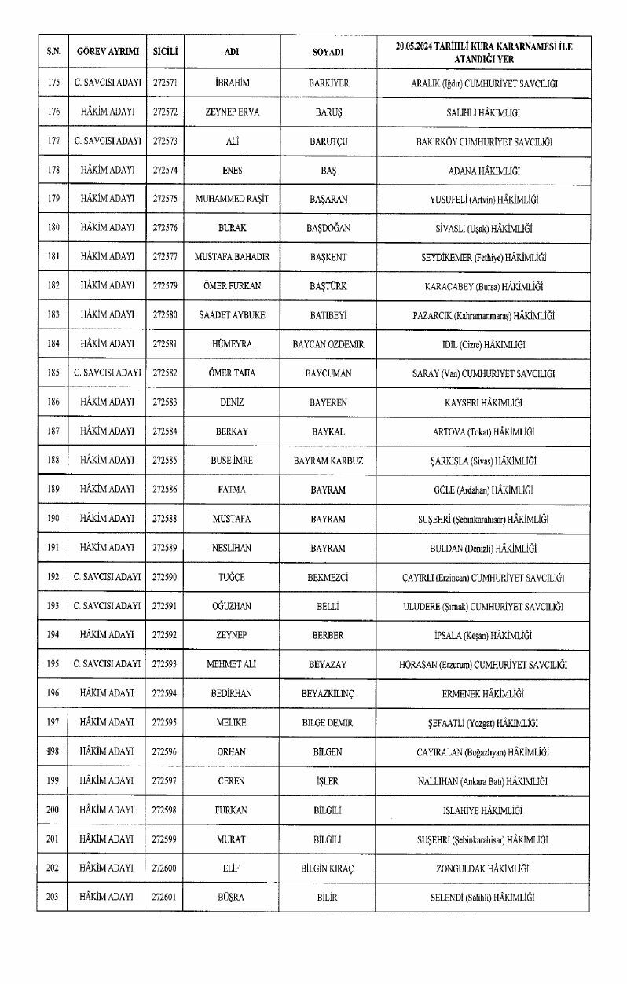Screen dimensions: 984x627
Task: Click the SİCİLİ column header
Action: point(165,52)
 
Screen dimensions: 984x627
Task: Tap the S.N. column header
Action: point(53,52)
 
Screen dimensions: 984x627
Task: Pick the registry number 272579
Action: point(165,286)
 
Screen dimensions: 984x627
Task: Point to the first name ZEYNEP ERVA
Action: point(232,112)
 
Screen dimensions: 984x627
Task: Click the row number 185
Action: point(53,373)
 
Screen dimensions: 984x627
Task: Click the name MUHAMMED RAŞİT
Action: point(232,199)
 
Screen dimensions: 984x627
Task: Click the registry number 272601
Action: point(165,897)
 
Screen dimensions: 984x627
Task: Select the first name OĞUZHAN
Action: point(232,606)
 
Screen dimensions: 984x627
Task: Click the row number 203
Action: point(53,897)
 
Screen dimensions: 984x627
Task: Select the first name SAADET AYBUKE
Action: point(232,315)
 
